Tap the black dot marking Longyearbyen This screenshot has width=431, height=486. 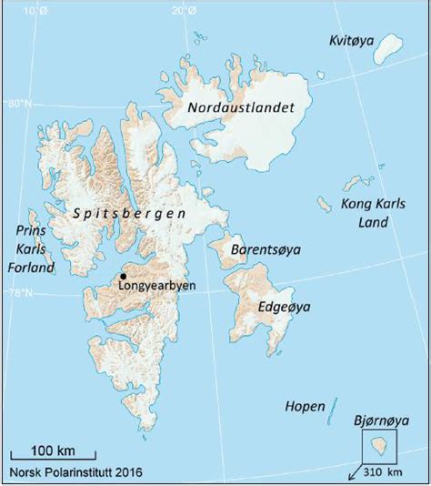[x=123, y=275]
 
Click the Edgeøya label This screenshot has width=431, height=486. [x=284, y=308]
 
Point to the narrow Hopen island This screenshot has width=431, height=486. [x=334, y=409]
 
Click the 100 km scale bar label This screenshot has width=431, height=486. [x=54, y=451]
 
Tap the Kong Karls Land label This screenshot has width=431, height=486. [x=370, y=213]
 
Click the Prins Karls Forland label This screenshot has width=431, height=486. [x=30, y=249]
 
